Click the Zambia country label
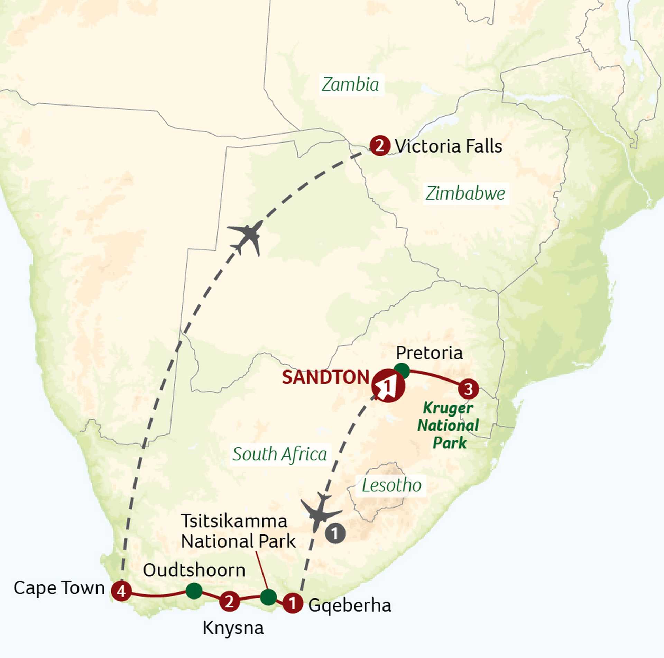[350, 85]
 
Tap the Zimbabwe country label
[465, 193]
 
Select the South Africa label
[279, 454]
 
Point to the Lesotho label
[391, 485]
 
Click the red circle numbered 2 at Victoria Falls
[380, 146]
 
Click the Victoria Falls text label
[448, 146]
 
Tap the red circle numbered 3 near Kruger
[468, 389]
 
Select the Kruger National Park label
[448, 425]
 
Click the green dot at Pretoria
[402, 371]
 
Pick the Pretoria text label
[429, 353]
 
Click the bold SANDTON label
[326, 377]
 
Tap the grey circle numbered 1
[335, 533]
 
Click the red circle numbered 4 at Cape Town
[121, 591]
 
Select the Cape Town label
[59, 588]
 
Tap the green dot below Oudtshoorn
[194, 591]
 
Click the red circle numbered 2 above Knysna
[229, 602]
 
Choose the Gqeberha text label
[349, 605]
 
